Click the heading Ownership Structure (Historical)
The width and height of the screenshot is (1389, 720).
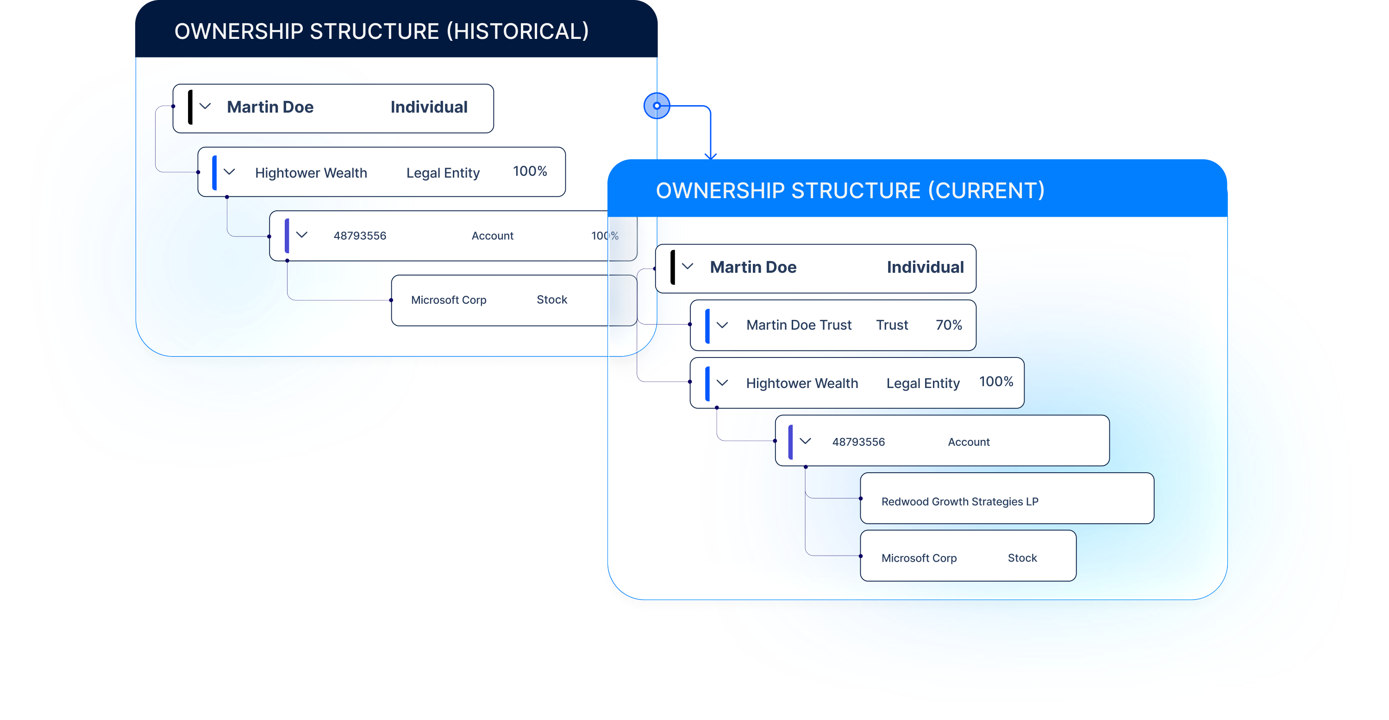(x=381, y=31)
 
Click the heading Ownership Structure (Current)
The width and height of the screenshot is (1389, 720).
(x=850, y=191)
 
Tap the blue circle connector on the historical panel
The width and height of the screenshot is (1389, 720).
(x=656, y=106)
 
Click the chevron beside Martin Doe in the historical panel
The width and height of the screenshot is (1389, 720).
(x=205, y=106)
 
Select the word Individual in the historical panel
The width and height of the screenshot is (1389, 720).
(x=429, y=107)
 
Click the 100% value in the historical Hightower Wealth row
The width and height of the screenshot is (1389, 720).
(x=530, y=171)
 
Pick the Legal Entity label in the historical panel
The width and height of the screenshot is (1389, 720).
(x=443, y=173)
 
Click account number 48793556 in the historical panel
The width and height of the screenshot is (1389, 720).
(x=360, y=236)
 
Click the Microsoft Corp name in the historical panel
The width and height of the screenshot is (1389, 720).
(x=449, y=300)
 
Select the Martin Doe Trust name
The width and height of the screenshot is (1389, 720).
(x=799, y=325)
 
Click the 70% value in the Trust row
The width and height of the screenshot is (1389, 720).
(x=949, y=325)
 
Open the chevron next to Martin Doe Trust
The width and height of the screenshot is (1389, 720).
(x=722, y=325)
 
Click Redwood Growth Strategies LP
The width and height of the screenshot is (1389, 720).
(x=959, y=501)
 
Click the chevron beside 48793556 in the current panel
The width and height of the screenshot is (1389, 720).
(x=805, y=441)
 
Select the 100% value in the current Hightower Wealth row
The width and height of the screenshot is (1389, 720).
(x=996, y=382)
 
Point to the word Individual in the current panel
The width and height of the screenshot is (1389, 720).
(x=925, y=268)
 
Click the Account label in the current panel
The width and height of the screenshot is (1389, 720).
(x=969, y=442)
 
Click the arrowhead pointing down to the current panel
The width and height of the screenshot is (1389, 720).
(x=711, y=156)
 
